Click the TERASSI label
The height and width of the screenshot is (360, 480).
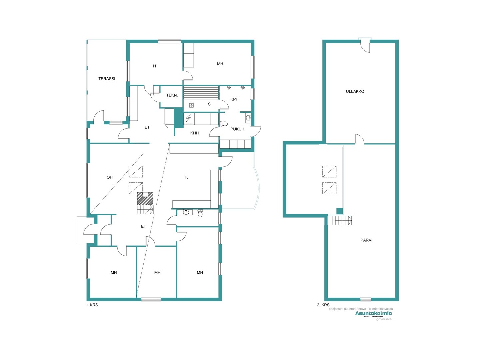(x=107, y=79)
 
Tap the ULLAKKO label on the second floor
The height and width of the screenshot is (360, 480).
(x=355, y=91)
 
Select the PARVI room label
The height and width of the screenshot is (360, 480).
(x=366, y=240)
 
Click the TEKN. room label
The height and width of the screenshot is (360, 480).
(x=172, y=95)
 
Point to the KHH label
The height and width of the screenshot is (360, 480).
(x=194, y=133)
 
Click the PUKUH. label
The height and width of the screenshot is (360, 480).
(x=238, y=129)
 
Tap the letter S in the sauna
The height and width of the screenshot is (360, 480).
(x=209, y=104)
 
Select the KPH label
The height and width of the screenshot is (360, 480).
(x=234, y=99)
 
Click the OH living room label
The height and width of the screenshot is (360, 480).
(x=110, y=177)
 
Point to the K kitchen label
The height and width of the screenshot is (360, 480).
(x=187, y=177)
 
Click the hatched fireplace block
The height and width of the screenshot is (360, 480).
(x=145, y=199)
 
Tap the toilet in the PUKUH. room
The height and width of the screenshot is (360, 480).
(x=224, y=124)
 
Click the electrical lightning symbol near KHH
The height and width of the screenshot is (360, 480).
(x=188, y=118)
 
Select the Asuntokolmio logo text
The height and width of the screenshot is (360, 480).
(x=373, y=313)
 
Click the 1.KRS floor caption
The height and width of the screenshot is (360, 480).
(x=92, y=305)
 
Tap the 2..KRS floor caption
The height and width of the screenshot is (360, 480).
(x=323, y=305)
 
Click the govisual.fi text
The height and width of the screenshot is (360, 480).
(x=384, y=319)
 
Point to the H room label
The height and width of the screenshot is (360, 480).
(x=154, y=66)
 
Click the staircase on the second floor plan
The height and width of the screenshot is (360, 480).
(x=340, y=220)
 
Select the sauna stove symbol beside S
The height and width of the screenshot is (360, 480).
(x=191, y=105)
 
